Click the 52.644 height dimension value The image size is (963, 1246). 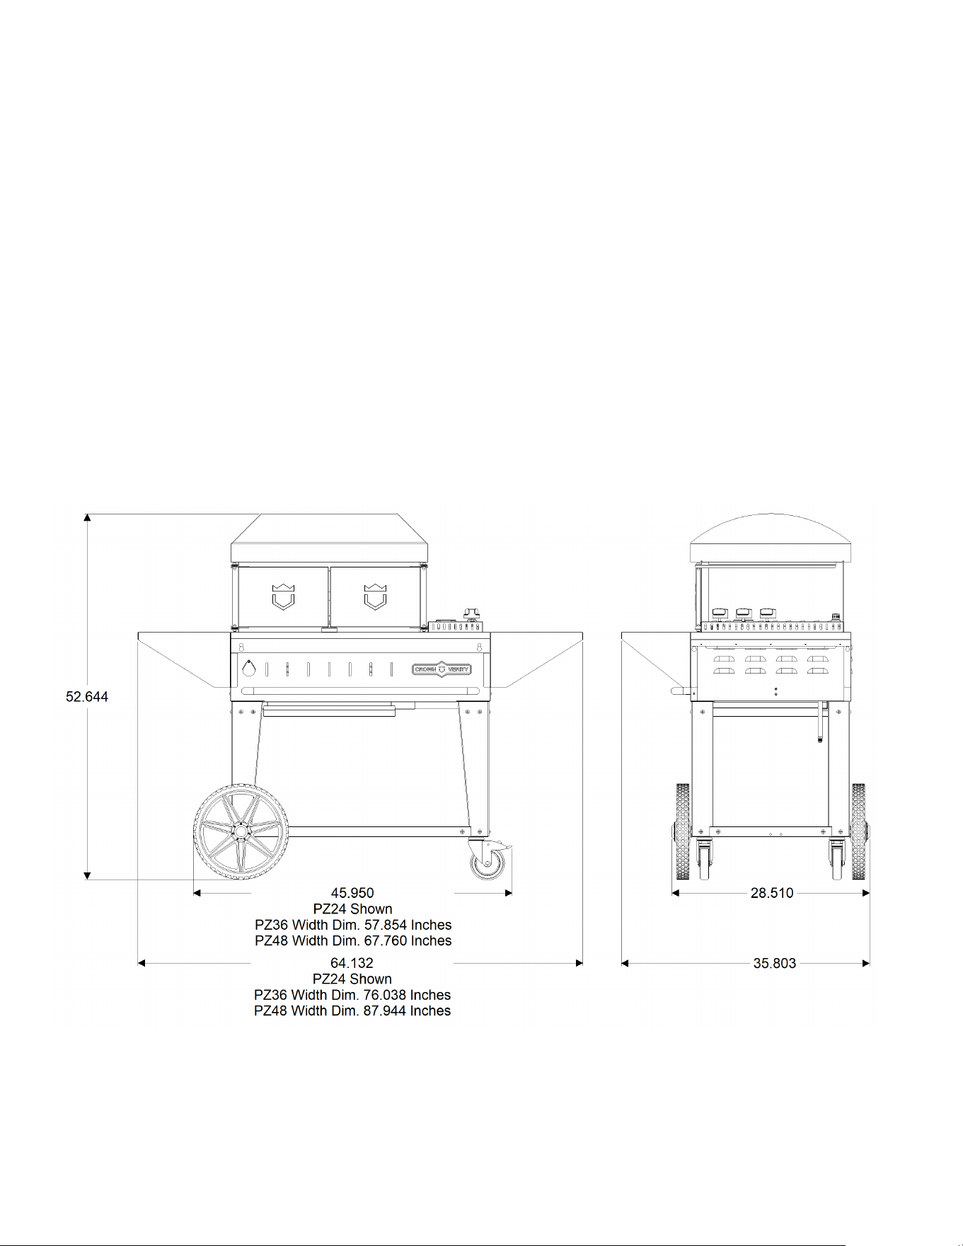tap(87, 697)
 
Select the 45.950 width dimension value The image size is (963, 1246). tap(352, 893)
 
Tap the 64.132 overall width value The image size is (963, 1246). tap(352, 963)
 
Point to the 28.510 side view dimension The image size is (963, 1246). tap(772, 893)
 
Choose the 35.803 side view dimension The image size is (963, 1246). tap(775, 963)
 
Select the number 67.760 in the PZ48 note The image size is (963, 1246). tap(386, 940)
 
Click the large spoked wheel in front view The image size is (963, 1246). tap(241, 831)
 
